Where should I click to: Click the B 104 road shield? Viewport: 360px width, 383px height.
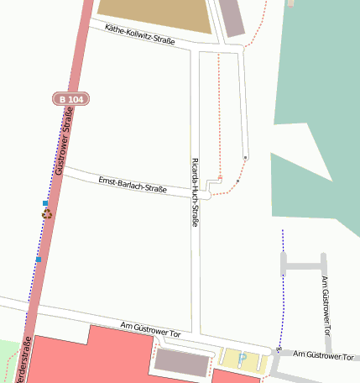[x=71, y=99]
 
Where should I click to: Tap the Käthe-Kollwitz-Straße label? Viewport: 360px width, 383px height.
[x=145, y=37]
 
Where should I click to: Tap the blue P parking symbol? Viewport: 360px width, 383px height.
[x=243, y=359]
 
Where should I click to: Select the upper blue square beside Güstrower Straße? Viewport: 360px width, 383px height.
[x=44, y=203]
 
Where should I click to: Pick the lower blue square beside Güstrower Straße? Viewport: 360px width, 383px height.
[x=39, y=260]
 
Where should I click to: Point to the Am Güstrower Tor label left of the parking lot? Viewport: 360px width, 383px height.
[x=151, y=333]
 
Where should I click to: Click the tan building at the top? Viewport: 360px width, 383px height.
[x=155, y=15]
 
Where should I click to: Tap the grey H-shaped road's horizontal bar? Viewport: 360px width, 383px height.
[x=303, y=266]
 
